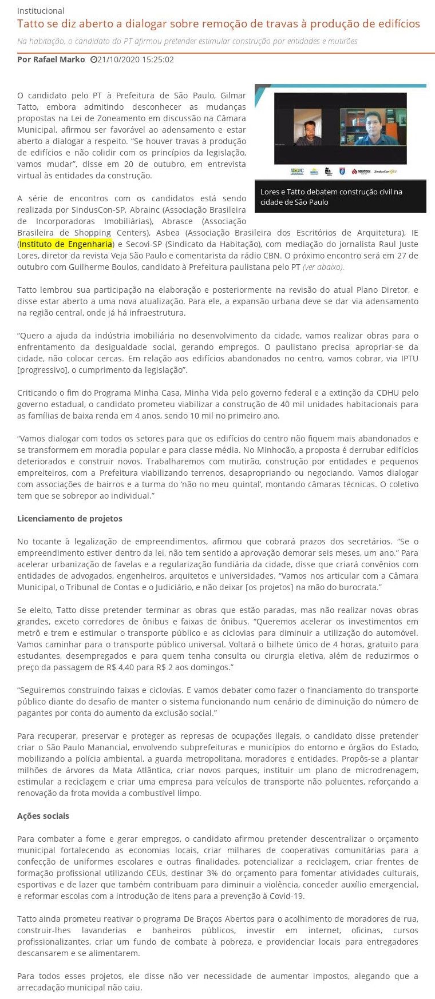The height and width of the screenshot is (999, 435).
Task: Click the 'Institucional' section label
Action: (x=41, y=11)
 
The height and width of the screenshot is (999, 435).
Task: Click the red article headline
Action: (x=218, y=24)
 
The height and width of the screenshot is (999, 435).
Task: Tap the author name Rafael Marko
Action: (x=51, y=59)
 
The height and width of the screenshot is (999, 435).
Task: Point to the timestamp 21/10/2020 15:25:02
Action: (x=136, y=59)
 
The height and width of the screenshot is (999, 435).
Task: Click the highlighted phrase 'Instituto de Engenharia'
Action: (x=66, y=244)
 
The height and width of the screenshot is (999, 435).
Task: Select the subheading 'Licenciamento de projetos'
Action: (x=70, y=519)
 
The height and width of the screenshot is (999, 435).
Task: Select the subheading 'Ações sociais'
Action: (x=43, y=816)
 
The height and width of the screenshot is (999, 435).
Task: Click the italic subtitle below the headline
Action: (x=187, y=41)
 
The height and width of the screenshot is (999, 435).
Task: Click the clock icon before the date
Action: (x=93, y=59)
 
